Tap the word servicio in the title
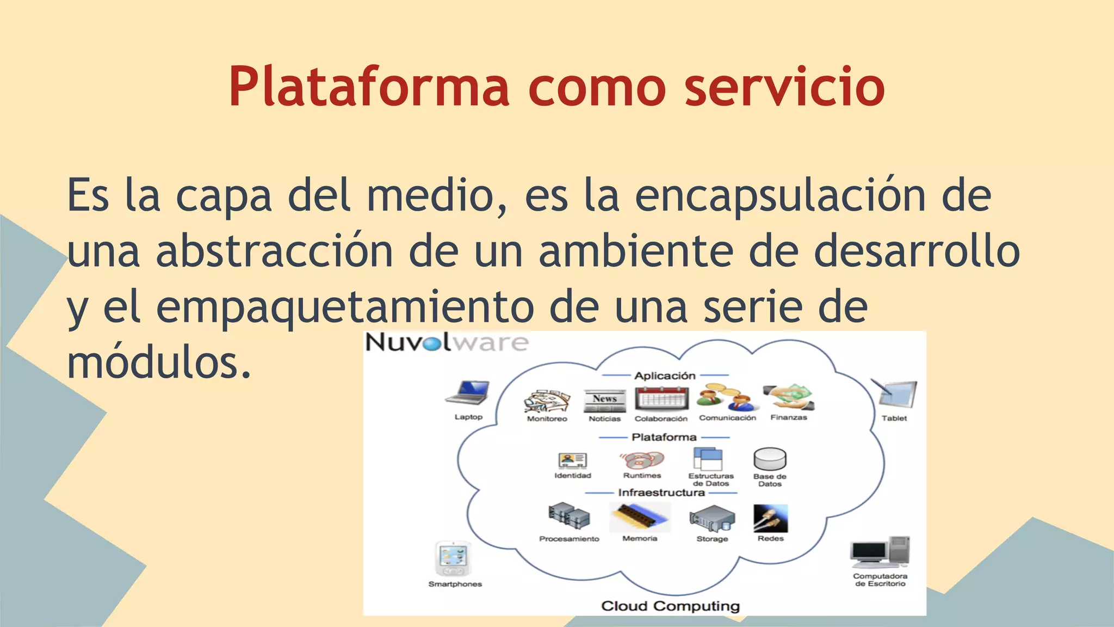click(784, 87)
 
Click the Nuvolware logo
click(447, 343)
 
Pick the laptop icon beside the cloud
click(468, 392)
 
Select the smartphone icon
click(454, 558)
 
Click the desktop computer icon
click(880, 552)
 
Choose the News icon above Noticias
click(605, 401)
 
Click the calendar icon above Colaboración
click(661, 399)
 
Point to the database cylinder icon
click(770, 459)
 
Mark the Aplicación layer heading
click(665, 376)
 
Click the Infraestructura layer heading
click(661, 493)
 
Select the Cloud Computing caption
click(670, 606)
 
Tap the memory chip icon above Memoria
click(640, 517)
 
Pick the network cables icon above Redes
click(770, 518)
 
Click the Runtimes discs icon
click(642, 460)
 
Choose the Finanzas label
click(789, 417)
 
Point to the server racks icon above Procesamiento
click(569, 516)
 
